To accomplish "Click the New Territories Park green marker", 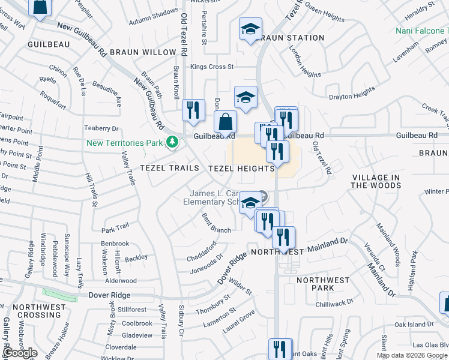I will click(x=172, y=143).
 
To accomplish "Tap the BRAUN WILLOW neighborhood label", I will click(x=142, y=52).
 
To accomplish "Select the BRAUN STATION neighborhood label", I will click(x=292, y=38).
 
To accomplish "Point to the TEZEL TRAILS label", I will click(x=169, y=168).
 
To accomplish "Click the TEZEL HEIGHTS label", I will click(x=241, y=169).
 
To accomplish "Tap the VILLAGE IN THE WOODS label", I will click(x=376, y=181).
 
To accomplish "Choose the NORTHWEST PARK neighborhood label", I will click(x=323, y=284).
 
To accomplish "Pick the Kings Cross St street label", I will click(x=212, y=67).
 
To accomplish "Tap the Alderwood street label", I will click(x=121, y=280).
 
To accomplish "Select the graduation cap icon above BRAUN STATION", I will click(x=250, y=29).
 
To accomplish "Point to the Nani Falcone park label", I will click(x=422, y=31).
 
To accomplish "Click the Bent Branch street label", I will click(x=216, y=223).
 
